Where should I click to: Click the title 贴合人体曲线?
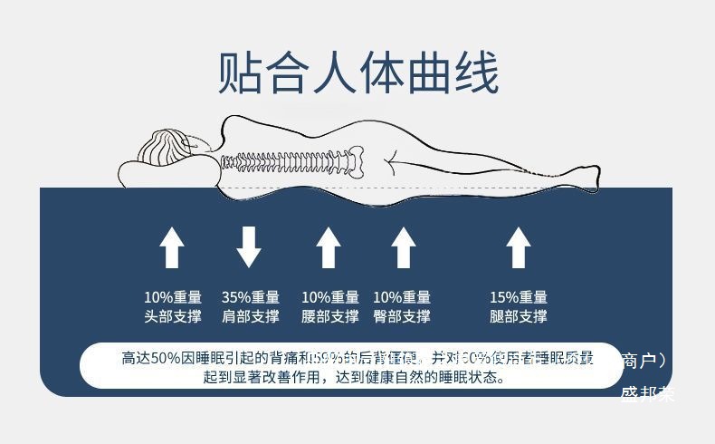click(x=358, y=73)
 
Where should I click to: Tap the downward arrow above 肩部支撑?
click(x=249, y=246)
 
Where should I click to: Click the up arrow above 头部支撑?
click(x=172, y=247)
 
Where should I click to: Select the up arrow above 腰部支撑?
click(x=329, y=247)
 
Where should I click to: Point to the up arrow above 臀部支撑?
click(x=403, y=247)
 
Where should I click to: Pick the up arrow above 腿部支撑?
click(x=518, y=247)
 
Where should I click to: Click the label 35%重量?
click(x=251, y=297)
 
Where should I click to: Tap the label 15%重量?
click(x=519, y=297)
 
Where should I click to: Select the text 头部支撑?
click(x=173, y=317)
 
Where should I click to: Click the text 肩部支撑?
click(x=251, y=317)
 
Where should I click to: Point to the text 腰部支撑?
click(x=330, y=317)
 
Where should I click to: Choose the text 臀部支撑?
click(x=402, y=317)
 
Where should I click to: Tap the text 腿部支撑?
click(x=519, y=317)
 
